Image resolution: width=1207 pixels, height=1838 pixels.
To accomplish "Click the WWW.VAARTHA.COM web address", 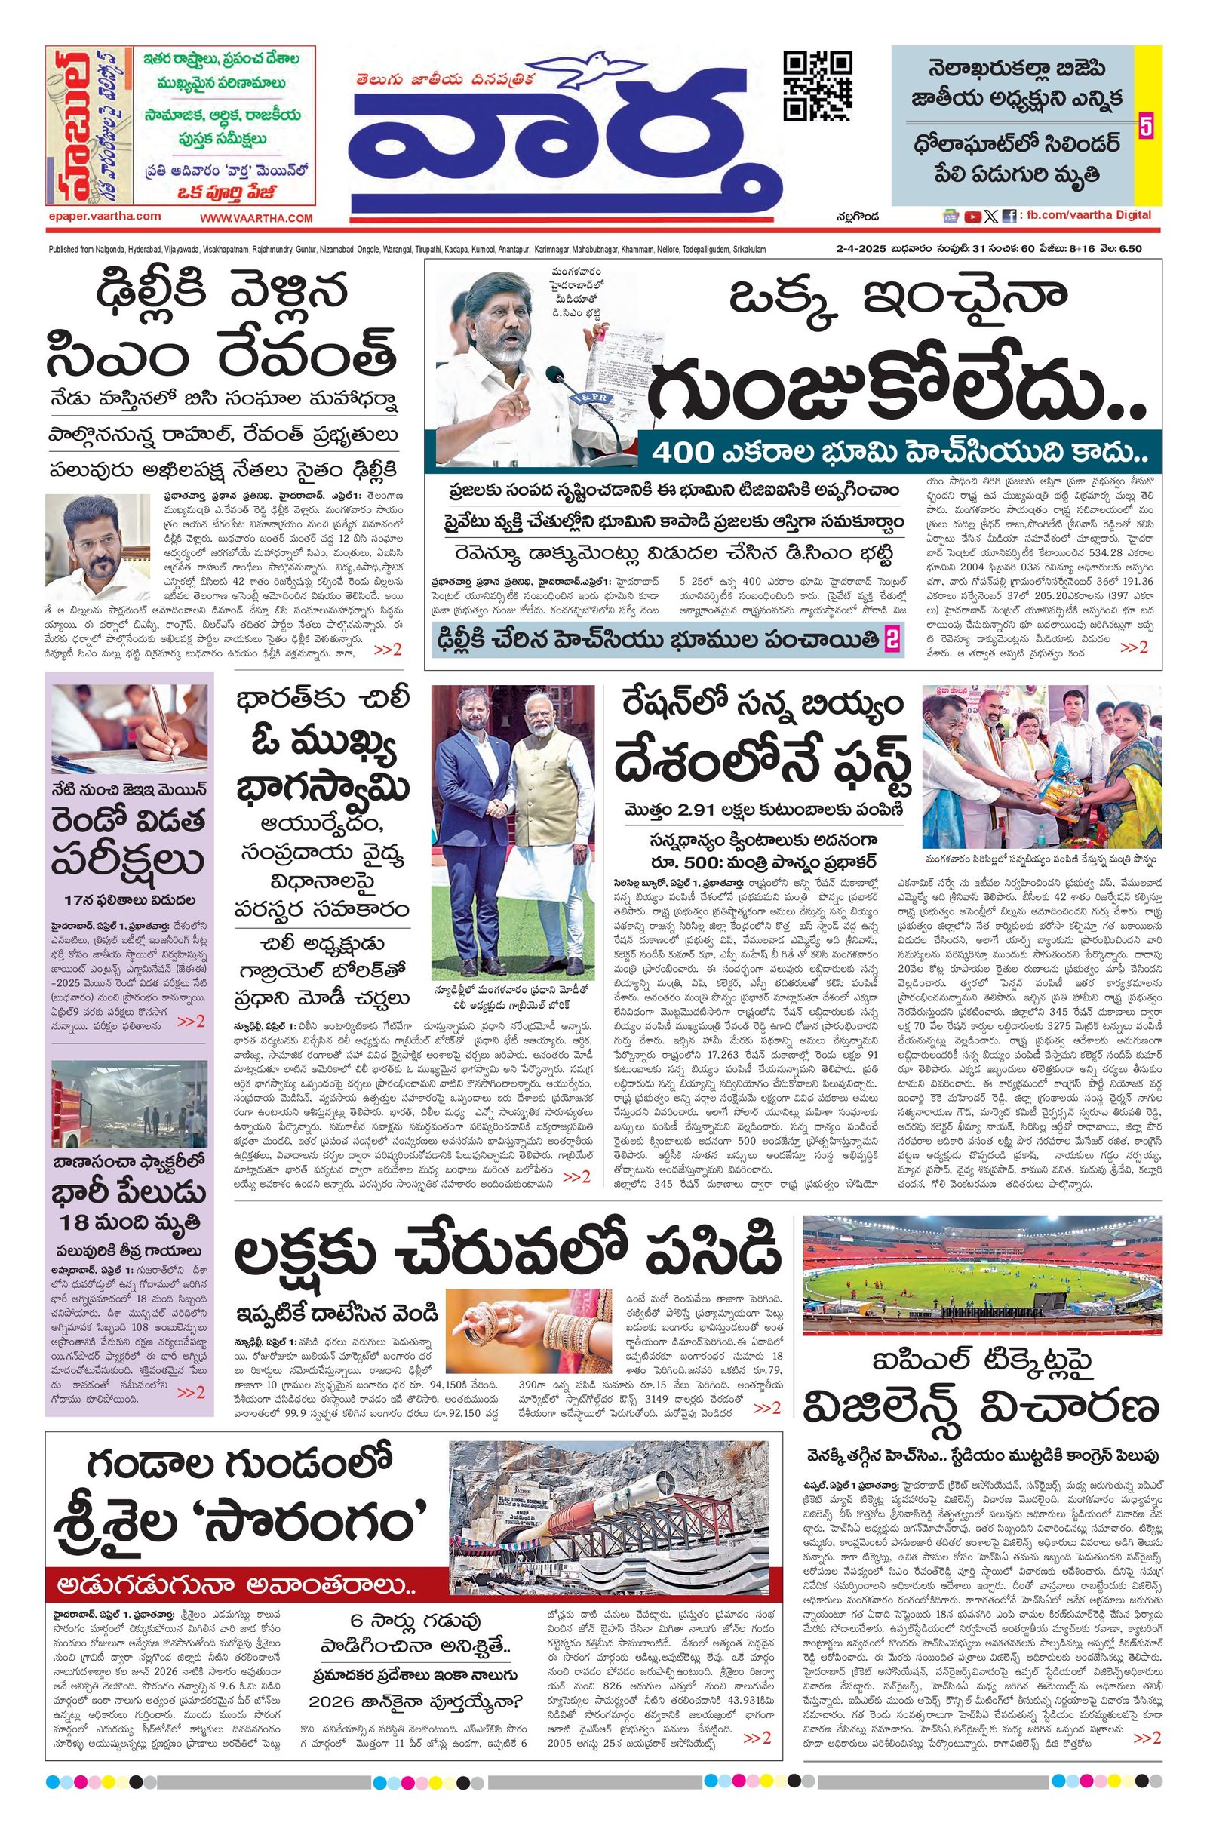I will pos(256,219).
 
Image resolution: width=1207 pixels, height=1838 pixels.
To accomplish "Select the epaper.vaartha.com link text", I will pos(103,217).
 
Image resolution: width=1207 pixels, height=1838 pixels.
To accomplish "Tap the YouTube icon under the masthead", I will pos(972,217).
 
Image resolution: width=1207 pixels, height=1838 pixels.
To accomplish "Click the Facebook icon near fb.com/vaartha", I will pos(1009,217).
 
